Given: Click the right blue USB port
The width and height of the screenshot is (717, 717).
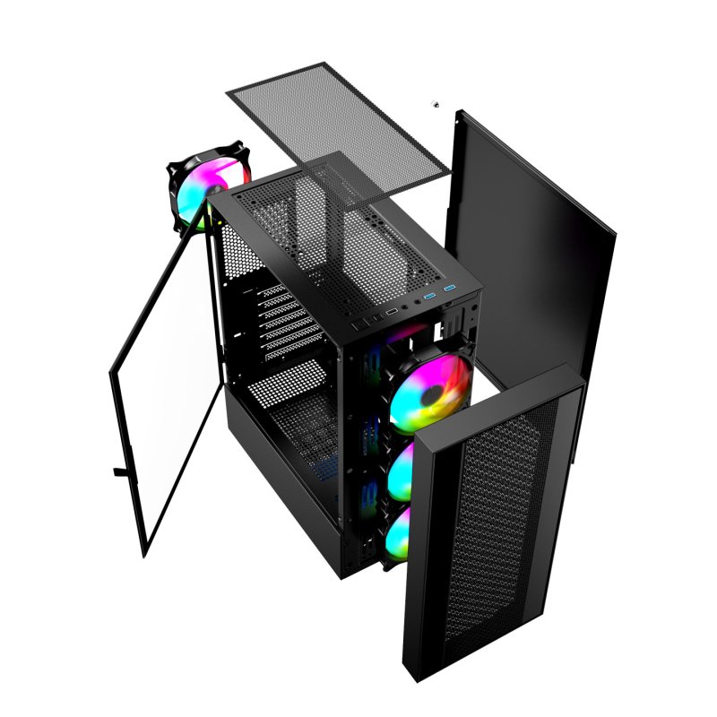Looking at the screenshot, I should tap(451, 289).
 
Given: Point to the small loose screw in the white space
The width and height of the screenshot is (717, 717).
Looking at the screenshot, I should tap(436, 105).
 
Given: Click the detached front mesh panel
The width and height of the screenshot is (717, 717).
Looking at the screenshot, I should tap(488, 529).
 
